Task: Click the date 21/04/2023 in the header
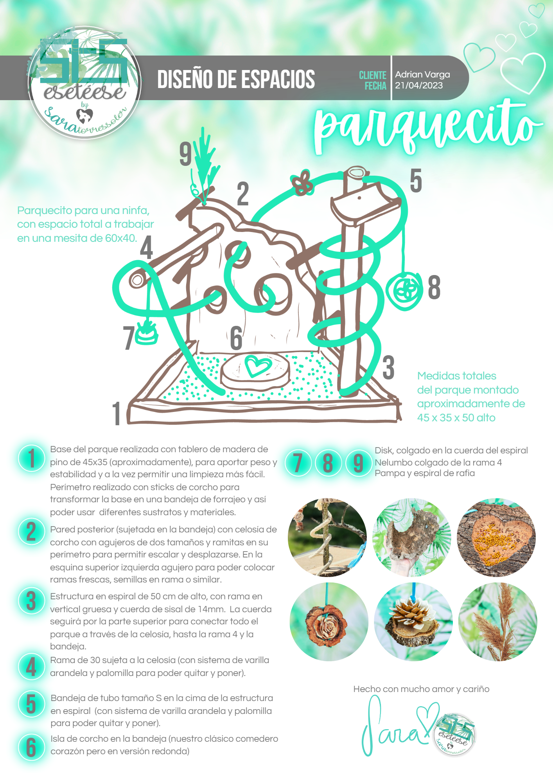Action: tap(418, 86)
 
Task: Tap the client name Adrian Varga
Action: tap(422, 74)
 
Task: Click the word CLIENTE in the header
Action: tap(372, 75)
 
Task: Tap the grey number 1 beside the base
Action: tap(117, 413)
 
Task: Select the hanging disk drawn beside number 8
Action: tap(404, 291)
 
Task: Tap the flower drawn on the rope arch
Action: tap(302, 183)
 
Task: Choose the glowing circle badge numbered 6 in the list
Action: tap(31, 747)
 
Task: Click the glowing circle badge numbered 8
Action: tap(328, 463)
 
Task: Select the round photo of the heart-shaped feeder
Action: tap(496, 538)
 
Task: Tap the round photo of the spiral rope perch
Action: tap(327, 538)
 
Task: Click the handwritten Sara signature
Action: tap(395, 728)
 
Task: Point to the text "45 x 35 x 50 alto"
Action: tap(456, 418)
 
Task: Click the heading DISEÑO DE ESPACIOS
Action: tap(236, 79)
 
